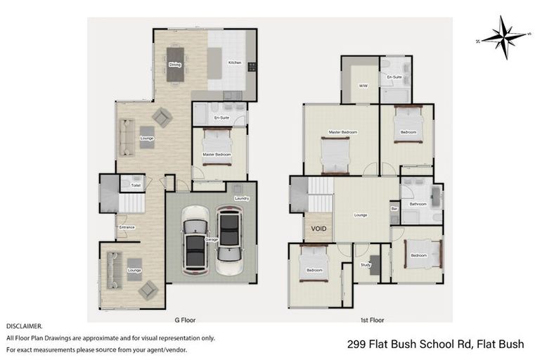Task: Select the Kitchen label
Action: pyautogui.click(x=235, y=63)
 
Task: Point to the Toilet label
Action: pyautogui.click(x=136, y=186)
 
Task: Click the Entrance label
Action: pyautogui.click(x=127, y=227)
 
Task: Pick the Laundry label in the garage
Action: pyautogui.click(x=242, y=199)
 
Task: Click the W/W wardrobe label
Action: pyautogui.click(x=363, y=86)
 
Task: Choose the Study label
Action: pyautogui.click(x=366, y=265)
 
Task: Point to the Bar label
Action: pyautogui.click(x=394, y=209)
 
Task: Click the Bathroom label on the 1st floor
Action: pyautogui.click(x=418, y=204)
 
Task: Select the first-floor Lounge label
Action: pyautogui.click(x=360, y=215)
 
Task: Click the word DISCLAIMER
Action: pyautogui.click(x=24, y=326)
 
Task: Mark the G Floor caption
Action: pyautogui.click(x=185, y=319)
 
